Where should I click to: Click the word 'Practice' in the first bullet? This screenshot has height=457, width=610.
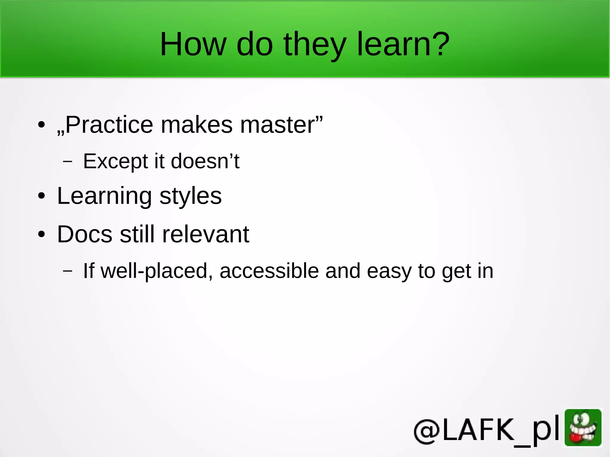click(x=109, y=125)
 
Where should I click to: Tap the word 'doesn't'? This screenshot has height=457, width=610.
click(x=205, y=161)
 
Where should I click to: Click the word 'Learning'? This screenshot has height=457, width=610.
click(x=105, y=196)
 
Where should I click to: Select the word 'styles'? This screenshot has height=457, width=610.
click(x=191, y=196)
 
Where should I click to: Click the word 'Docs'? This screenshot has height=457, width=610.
click(x=85, y=234)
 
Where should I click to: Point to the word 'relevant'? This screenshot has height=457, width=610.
click(x=206, y=234)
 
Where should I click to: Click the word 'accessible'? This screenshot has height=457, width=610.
click(x=269, y=271)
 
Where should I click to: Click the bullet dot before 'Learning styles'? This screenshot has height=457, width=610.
click(x=41, y=196)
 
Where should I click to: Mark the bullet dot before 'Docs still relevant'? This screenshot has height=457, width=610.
click(x=41, y=234)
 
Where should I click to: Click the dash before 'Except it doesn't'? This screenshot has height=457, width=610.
click(x=68, y=162)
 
